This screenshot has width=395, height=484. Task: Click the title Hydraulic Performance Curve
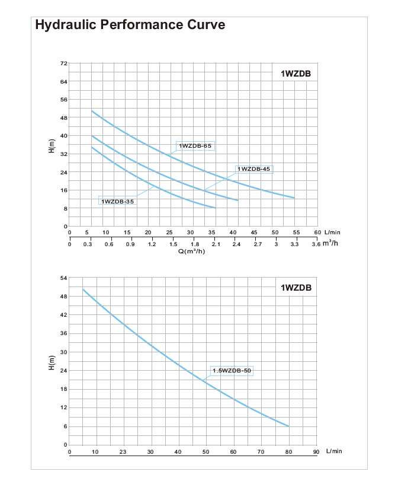tap(130, 26)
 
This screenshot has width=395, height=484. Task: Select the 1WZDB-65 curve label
tap(195, 145)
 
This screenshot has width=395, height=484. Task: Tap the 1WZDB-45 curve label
tap(253, 169)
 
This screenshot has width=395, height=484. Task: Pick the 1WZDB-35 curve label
tap(117, 202)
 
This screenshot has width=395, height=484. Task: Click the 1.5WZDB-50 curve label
tap(232, 371)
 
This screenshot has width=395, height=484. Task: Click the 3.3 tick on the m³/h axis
tap(294, 244)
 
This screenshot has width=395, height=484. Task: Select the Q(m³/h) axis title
tap(191, 251)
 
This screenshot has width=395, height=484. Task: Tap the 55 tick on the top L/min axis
tap(296, 233)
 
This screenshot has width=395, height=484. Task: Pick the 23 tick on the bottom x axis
tap(123, 452)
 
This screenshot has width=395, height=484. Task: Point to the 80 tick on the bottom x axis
tap(288, 452)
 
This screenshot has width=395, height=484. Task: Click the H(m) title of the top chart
tap(51, 145)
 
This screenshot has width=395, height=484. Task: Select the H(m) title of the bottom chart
tap(51, 362)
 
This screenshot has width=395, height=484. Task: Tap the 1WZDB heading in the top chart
tap(296, 74)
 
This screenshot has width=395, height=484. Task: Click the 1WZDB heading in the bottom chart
tap(296, 288)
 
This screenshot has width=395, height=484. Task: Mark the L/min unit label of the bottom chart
tap(334, 451)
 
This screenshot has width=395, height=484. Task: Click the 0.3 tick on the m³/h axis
tap(88, 244)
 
